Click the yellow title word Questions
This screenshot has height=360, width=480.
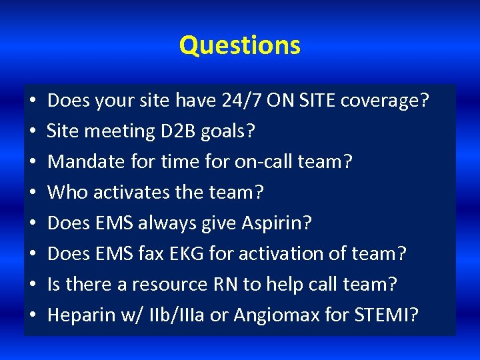240,45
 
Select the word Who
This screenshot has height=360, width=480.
68,193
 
